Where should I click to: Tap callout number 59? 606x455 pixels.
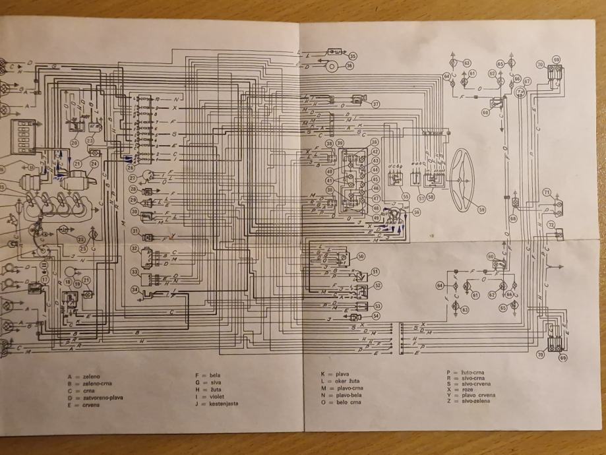(x=482, y=210)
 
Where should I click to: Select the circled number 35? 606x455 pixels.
(x=353, y=56)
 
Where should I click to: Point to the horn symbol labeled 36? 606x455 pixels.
(x=330, y=65)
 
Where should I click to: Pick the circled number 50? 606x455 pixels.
(x=361, y=256)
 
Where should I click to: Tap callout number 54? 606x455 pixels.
(x=376, y=316)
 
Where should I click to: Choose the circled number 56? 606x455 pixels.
(x=416, y=212)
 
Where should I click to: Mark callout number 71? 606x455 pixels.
(x=547, y=192)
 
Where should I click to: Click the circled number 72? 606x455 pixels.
(x=551, y=225)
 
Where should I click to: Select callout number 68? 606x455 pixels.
(x=513, y=218)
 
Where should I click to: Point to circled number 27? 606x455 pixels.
(x=133, y=178)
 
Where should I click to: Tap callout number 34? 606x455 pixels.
(x=135, y=289)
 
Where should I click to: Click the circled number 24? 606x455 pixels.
(x=94, y=164)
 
